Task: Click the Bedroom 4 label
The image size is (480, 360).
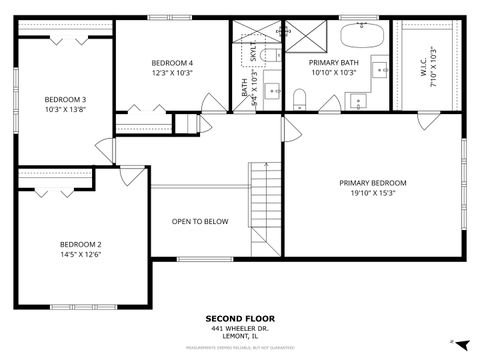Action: point(172,63)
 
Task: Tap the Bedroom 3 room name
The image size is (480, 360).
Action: point(65,100)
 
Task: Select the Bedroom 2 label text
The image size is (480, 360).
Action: point(80,244)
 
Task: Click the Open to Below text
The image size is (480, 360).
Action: point(200,222)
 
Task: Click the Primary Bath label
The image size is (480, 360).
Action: point(333,63)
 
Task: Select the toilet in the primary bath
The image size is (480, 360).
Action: point(299,96)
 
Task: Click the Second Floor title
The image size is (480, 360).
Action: point(239,319)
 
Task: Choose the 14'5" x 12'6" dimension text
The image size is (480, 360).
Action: point(80,254)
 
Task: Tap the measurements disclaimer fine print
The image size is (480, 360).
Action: point(239,347)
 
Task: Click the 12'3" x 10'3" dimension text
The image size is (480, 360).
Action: point(172,73)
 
